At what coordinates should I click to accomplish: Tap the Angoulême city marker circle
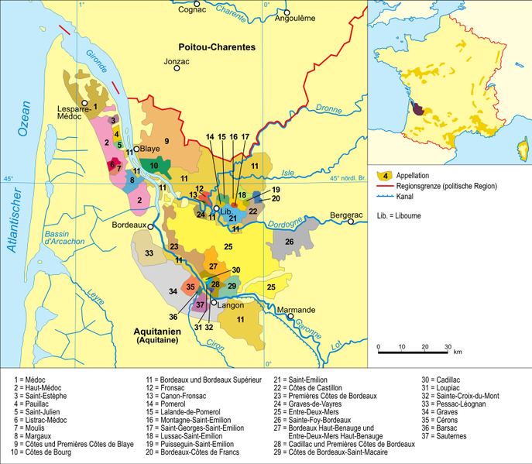pos(287,13)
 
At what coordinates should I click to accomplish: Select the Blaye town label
pos(152,150)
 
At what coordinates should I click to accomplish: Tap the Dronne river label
pos(329,110)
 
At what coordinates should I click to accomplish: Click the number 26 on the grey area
pos(289,242)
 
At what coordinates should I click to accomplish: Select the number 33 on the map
pos(149,253)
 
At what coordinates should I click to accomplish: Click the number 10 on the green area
pos(155,166)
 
